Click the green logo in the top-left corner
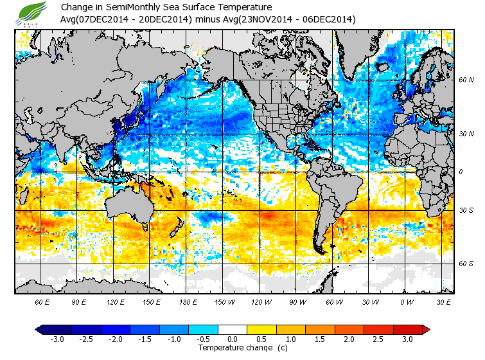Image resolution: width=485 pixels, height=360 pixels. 33,13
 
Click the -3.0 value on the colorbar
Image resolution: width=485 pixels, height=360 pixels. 57,339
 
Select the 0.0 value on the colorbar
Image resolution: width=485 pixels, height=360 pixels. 233,339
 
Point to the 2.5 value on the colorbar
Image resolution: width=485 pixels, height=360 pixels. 378,339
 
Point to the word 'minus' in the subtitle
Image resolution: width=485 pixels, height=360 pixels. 207,19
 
